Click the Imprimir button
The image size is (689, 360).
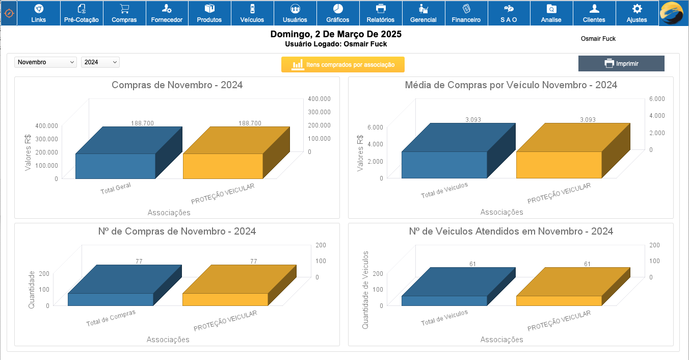pyautogui.click(x=621, y=64)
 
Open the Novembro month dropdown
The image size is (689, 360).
pyautogui.click(x=45, y=62)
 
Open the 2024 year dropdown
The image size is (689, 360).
pyautogui.click(x=100, y=62)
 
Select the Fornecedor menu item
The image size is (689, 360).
pyautogui.click(x=167, y=13)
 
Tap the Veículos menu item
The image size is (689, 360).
pyautogui.click(x=252, y=13)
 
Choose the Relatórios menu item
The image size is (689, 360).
pyautogui.click(x=380, y=13)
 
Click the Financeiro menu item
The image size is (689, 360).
pyautogui.click(x=466, y=13)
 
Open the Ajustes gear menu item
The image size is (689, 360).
pyautogui.click(x=637, y=13)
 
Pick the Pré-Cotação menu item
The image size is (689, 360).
pyautogui.click(x=82, y=13)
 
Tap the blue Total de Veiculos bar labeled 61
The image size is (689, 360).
pyautogui.click(x=444, y=300)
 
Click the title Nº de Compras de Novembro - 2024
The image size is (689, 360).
pyautogui.click(x=177, y=232)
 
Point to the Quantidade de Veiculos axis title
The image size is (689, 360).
pyautogui.click(x=365, y=289)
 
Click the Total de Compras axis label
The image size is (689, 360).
pyautogui.click(x=111, y=318)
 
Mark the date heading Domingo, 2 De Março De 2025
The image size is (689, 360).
pyautogui.click(x=336, y=35)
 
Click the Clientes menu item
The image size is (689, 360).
pyautogui.click(x=594, y=13)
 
